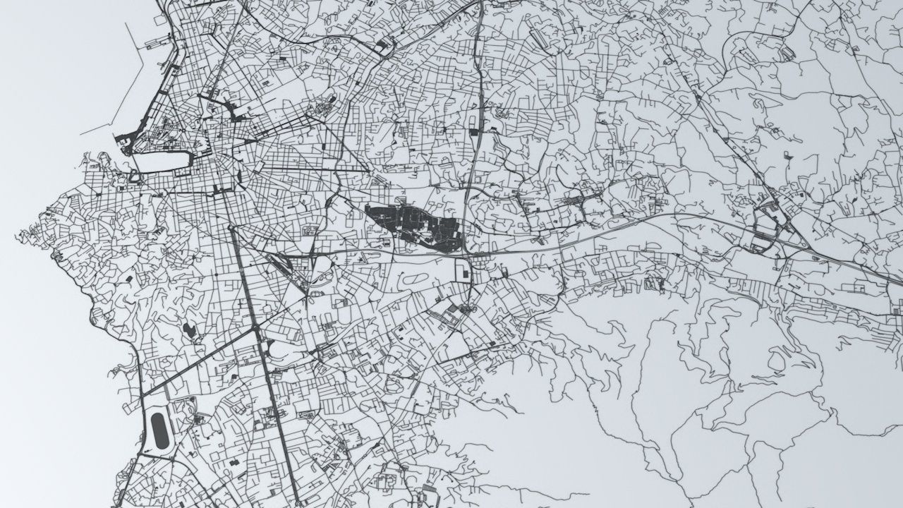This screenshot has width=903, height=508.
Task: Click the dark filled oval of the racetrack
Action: tap(160, 431)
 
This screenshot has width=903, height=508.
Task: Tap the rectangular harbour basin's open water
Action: tap(162, 162)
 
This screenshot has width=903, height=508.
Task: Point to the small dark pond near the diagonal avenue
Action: tap(189, 329)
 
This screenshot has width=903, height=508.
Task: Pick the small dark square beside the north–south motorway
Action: tap(473, 131)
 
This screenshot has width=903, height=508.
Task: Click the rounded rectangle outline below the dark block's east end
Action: tap(461, 269)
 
